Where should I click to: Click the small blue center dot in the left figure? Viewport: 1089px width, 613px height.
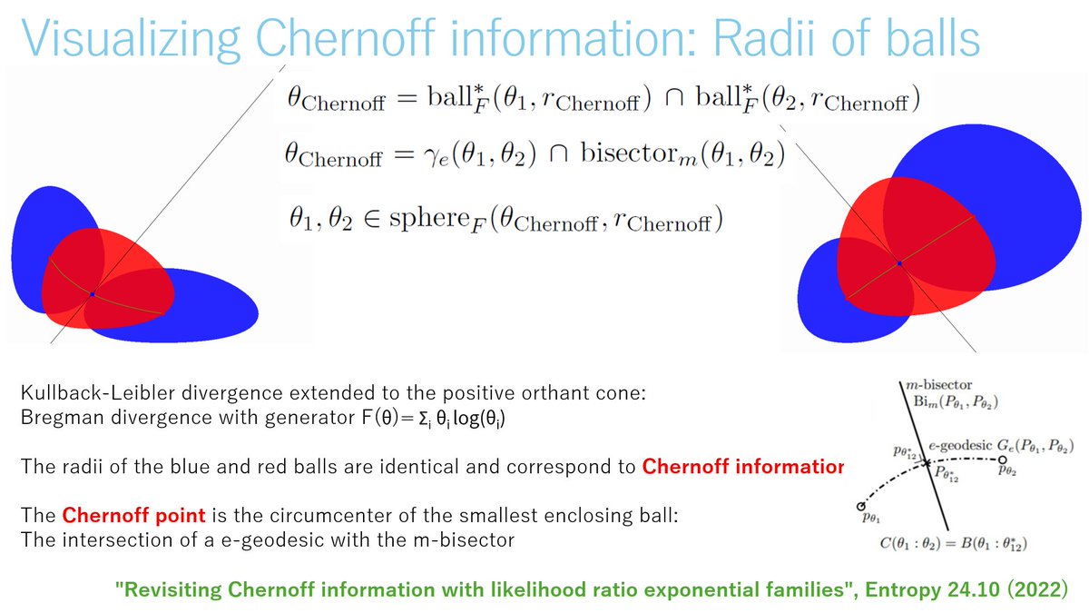click(92, 294)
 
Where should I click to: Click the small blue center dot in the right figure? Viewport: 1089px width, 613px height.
click(898, 263)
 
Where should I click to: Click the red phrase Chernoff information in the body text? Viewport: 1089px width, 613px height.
click(742, 467)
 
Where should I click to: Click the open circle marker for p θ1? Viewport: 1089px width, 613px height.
click(858, 507)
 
